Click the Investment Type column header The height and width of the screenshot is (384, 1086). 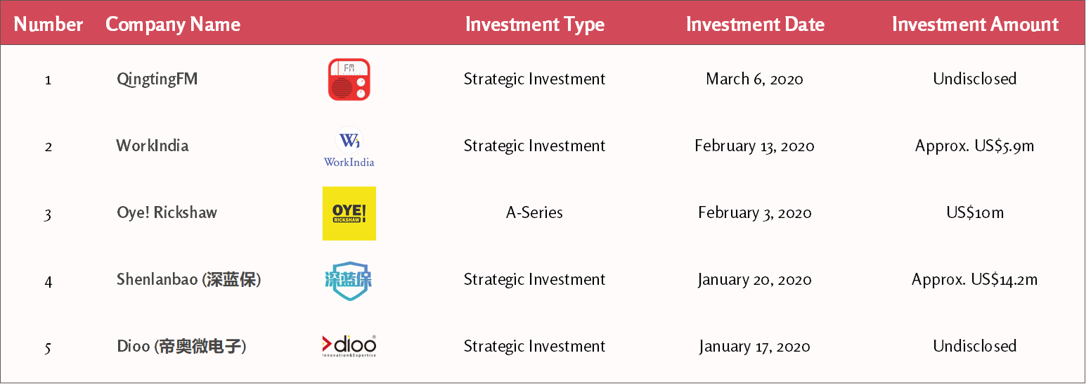pyautogui.click(x=535, y=25)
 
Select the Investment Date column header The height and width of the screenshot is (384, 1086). pyautogui.click(x=755, y=24)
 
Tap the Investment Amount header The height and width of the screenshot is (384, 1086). pyautogui.click(x=975, y=24)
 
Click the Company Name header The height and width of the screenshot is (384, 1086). pyautogui.click(x=173, y=25)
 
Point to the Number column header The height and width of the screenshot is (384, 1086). pyautogui.click(x=48, y=24)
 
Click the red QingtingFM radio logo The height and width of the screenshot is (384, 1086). pyautogui.click(x=349, y=79)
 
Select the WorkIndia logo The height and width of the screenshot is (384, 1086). pyautogui.click(x=349, y=147)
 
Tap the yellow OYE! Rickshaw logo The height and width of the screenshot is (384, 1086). pyautogui.click(x=349, y=213)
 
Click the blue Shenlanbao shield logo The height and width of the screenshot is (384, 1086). pyautogui.click(x=349, y=280)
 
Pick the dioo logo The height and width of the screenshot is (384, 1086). pyautogui.click(x=349, y=346)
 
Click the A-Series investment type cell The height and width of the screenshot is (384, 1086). pyautogui.click(x=534, y=212)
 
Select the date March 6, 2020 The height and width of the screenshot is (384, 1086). pyautogui.click(x=754, y=79)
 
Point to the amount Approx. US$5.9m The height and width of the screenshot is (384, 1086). pyautogui.click(x=974, y=146)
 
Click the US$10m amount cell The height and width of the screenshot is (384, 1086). pyautogui.click(x=975, y=212)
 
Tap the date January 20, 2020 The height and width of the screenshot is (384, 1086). pyautogui.click(x=754, y=280)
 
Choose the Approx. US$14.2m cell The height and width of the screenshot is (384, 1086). pyautogui.click(x=974, y=279)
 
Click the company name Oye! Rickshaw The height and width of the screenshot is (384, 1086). pyautogui.click(x=167, y=213)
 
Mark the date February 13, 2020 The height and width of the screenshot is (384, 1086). pyautogui.click(x=754, y=146)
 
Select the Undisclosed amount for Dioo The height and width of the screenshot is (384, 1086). pyautogui.click(x=974, y=346)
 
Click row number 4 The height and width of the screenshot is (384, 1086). pyautogui.click(x=48, y=281)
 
